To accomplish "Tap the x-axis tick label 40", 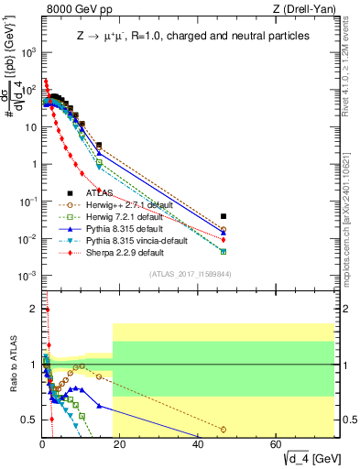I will click(x=199, y=444).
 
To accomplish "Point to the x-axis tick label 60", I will click(x=277, y=444).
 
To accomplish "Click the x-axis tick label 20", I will click(x=121, y=444).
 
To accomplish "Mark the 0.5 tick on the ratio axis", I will click(x=28, y=420).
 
